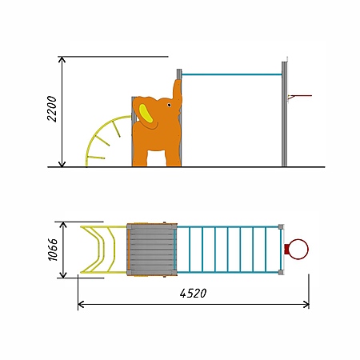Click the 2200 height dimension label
(52, 109)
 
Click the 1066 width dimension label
(53, 250)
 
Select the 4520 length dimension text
(193, 294)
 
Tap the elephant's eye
(169, 105)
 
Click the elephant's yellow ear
(146, 114)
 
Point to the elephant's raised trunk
(177, 90)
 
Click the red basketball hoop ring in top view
(298, 249)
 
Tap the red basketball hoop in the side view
(300, 97)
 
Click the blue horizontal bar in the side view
(231, 74)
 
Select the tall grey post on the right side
(285, 114)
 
